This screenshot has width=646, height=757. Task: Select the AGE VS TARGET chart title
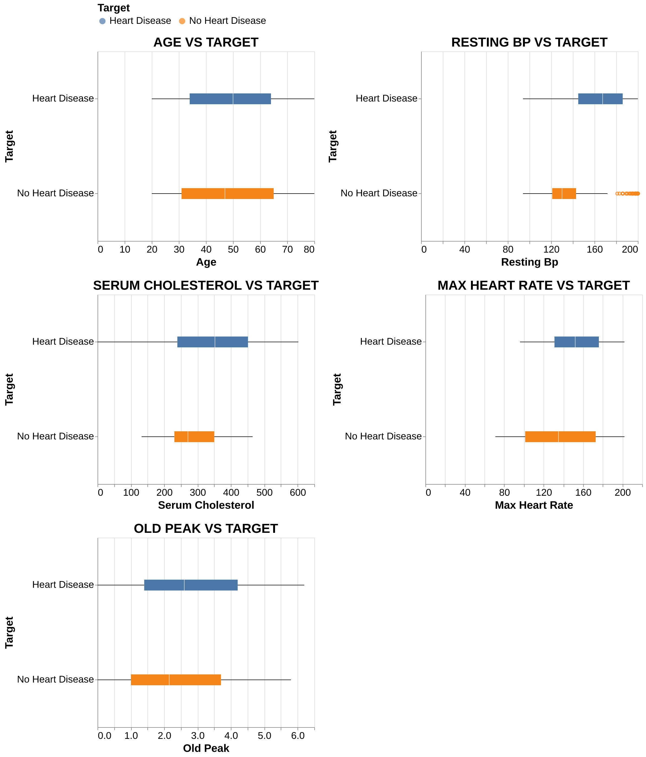click(x=206, y=43)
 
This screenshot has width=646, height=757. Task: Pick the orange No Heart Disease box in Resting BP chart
click(x=564, y=194)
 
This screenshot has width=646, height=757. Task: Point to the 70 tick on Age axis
click(x=287, y=250)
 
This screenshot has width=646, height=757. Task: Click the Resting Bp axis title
click(x=529, y=262)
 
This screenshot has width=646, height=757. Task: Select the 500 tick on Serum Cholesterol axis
click(x=264, y=492)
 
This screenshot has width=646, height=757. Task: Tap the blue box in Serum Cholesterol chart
click(x=212, y=342)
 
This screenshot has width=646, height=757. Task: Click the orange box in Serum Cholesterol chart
click(x=194, y=437)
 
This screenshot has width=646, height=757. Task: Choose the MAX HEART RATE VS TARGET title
click(x=533, y=286)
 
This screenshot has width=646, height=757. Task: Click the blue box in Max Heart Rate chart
click(x=577, y=342)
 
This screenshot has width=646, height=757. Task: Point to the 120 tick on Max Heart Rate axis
click(x=544, y=492)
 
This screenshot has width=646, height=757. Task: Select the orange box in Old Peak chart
click(x=176, y=680)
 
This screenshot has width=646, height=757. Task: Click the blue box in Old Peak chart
click(x=191, y=585)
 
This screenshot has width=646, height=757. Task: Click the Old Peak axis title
click(x=206, y=748)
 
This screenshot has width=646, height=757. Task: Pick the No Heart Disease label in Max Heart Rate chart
click(x=383, y=437)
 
